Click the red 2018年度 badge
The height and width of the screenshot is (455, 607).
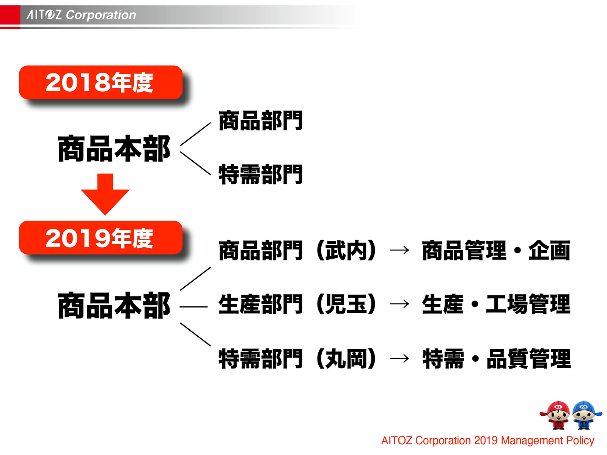[101, 83]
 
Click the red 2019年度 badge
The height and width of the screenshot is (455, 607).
[101, 238]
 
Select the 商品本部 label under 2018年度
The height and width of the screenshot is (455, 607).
[114, 149]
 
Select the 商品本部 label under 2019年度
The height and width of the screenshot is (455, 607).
[114, 306]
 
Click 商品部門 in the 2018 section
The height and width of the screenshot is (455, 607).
[260, 121]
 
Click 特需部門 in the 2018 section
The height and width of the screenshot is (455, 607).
[260, 175]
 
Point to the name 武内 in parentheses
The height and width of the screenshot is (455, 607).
[346, 251]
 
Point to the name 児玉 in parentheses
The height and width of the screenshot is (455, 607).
[346, 304]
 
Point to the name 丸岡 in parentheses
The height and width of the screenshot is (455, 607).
[346, 359]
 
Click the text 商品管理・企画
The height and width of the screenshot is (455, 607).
[496, 251]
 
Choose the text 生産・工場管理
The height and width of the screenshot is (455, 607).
[496, 304]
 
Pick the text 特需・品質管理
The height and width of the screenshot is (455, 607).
[496, 359]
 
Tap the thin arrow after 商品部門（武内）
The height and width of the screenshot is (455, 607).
[400, 250]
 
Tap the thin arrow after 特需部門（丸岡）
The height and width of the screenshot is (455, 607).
[400, 358]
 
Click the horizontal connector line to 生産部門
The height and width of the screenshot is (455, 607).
[193, 306]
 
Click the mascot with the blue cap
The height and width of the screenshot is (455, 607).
[585, 415]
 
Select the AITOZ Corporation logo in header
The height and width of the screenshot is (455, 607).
[81, 15]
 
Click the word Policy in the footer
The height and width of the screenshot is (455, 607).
[580, 441]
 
